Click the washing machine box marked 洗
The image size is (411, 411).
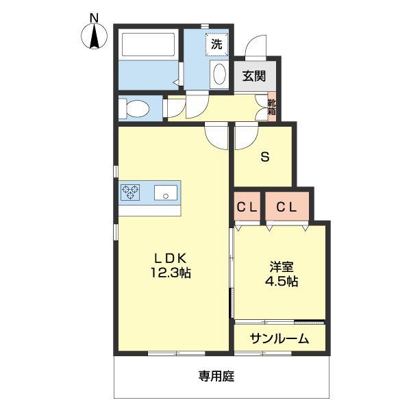pyautogui.click(x=216, y=45)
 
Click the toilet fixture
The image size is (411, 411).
pyautogui.click(x=134, y=108)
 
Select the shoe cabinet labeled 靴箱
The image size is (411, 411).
pyautogui.click(x=272, y=105)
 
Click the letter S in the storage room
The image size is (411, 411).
pyautogui.click(x=264, y=157)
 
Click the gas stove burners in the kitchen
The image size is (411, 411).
pyautogui.click(x=130, y=193)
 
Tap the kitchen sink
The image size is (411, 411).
pyautogui.click(x=165, y=193)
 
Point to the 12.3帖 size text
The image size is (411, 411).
pyautogui.click(x=170, y=273)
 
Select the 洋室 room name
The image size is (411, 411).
pyautogui.click(x=281, y=266)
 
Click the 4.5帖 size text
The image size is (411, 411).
pyautogui.click(x=281, y=281)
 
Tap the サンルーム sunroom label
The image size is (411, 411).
pyautogui.click(x=278, y=338)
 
